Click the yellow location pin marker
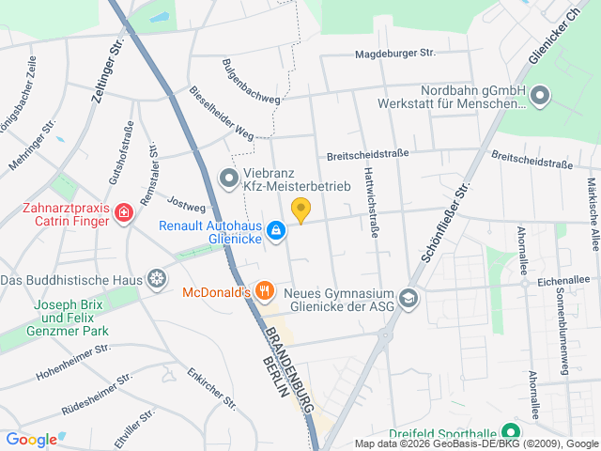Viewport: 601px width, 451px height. point(300,210)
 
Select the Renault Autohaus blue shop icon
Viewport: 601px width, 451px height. point(276,230)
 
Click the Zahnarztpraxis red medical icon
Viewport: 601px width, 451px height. point(123,215)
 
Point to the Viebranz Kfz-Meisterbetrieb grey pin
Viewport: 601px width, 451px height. point(228,178)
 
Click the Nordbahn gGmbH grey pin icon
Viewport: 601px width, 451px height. point(540,95)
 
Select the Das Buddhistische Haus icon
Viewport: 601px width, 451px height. point(157,280)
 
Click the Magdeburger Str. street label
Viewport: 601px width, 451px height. point(395,54)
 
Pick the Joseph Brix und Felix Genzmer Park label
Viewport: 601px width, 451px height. point(71,318)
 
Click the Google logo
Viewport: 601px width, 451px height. point(31,439)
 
